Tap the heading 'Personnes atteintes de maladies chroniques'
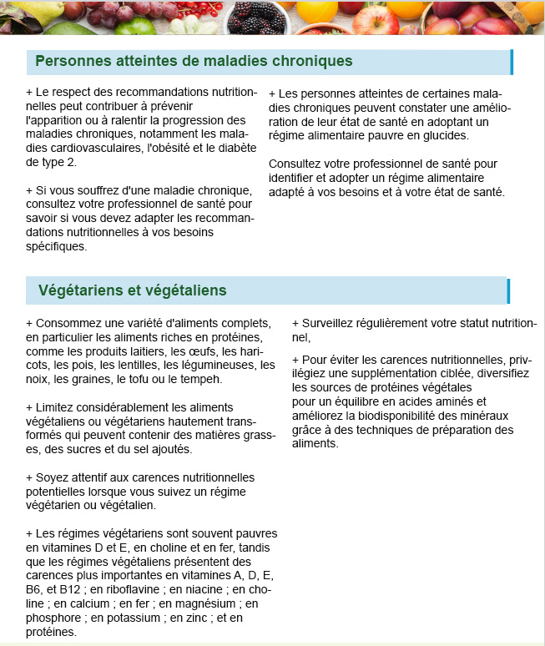click(194, 62)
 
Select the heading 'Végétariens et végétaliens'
click(132, 290)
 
